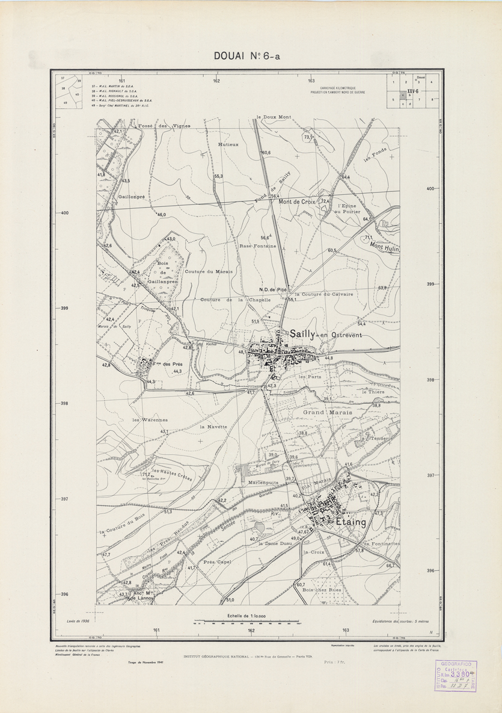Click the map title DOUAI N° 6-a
coord(246,57)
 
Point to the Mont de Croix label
coord(297,202)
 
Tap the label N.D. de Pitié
coord(272,290)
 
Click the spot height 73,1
coord(308,138)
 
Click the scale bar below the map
coord(247,622)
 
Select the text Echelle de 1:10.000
coord(248,615)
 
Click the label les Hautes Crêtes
coord(172,474)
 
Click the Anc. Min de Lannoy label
coord(139,596)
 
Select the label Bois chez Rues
coord(322,591)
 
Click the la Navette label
coord(213,426)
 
